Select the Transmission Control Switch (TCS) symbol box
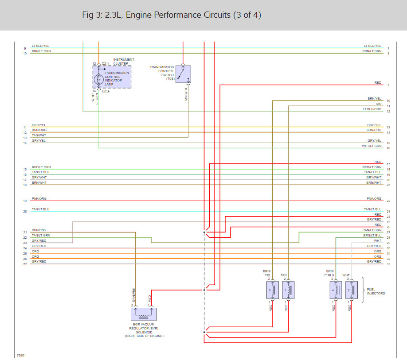(183, 74)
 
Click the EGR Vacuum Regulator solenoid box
(144, 314)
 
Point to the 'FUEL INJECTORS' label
(376, 291)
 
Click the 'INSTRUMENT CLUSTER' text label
(124, 62)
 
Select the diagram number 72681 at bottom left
(21, 356)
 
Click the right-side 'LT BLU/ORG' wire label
(372, 109)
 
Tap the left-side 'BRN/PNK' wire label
(39, 230)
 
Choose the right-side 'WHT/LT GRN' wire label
(372, 146)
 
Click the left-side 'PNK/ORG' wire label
(39, 198)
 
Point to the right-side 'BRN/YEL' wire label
(374, 98)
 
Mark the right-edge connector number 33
(388, 264)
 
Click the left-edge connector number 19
(25, 201)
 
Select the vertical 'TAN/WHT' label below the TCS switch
(186, 94)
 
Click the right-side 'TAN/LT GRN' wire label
(372, 230)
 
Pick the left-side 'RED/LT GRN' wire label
(41, 167)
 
